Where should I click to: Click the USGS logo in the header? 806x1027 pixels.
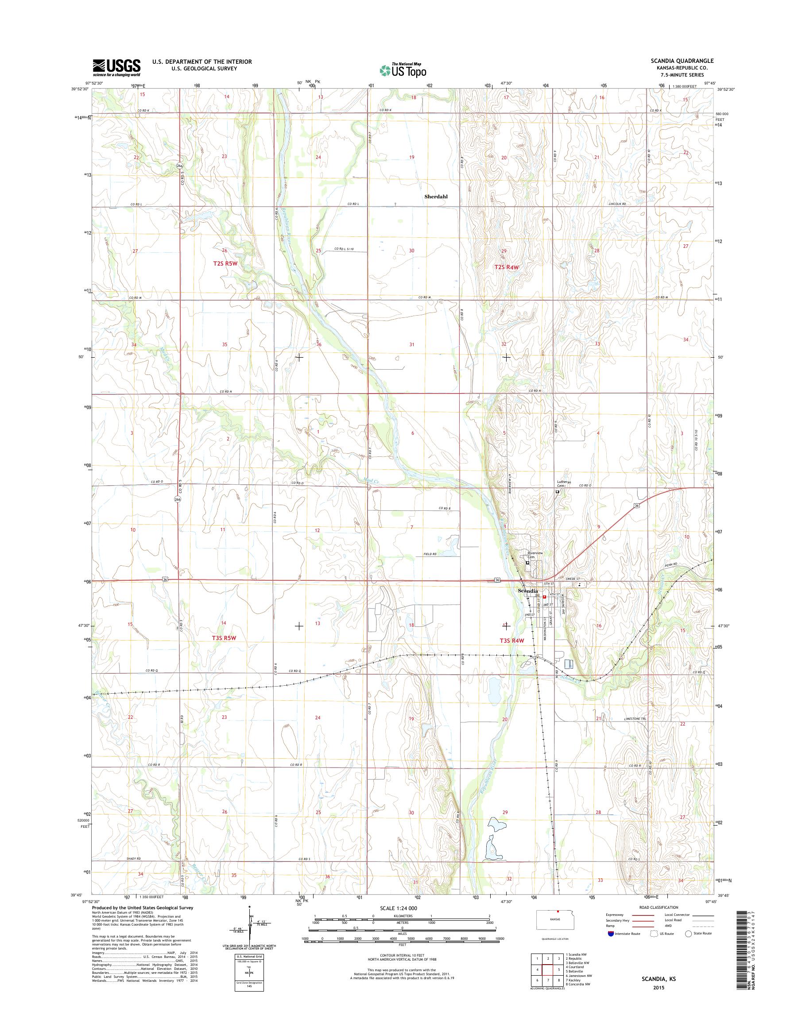tap(116, 67)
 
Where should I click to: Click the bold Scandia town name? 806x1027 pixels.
tap(527, 591)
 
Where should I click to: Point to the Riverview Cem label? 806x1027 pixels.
tap(535, 554)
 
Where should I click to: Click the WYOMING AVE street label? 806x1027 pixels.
tap(563, 606)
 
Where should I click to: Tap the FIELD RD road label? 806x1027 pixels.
tap(430, 554)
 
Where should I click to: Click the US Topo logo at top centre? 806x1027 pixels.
tap(403, 70)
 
